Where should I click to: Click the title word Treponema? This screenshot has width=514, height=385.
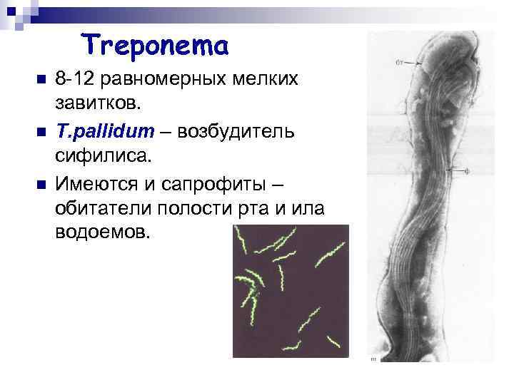pyautogui.click(x=155, y=46)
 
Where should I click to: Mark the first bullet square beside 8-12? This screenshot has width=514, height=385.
pyautogui.click(x=40, y=79)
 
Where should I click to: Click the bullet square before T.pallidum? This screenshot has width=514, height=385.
pyautogui.click(x=40, y=131)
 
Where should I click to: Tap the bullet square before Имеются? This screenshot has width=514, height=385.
pyautogui.click(x=40, y=183)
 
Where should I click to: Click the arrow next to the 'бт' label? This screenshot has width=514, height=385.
pyautogui.click(x=418, y=63)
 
